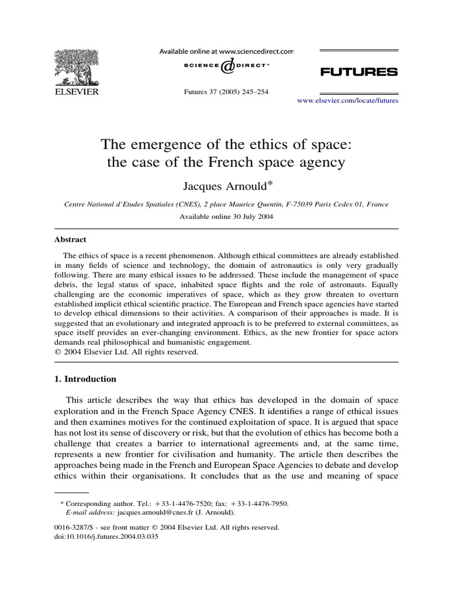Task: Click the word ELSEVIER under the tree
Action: coord(77,92)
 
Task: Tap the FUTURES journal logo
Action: coord(359,72)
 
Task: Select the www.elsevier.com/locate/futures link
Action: coord(348,101)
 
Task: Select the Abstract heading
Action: coord(70,239)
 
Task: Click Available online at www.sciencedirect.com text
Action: coord(226,52)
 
